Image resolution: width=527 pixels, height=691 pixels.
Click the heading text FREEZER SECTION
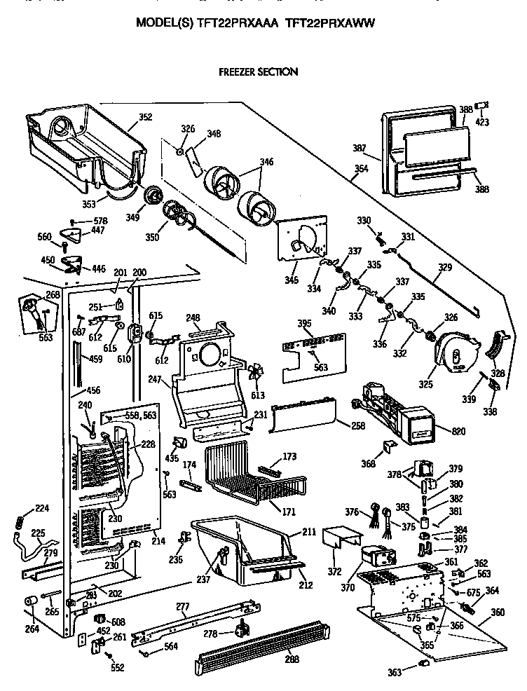pos(258,71)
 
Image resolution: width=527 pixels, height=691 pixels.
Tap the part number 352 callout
pos(145,117)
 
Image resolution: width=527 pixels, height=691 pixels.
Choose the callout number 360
pos(498,612)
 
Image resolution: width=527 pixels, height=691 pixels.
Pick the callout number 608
pos(118,622)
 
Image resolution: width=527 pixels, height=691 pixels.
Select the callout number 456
pos(92,390)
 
